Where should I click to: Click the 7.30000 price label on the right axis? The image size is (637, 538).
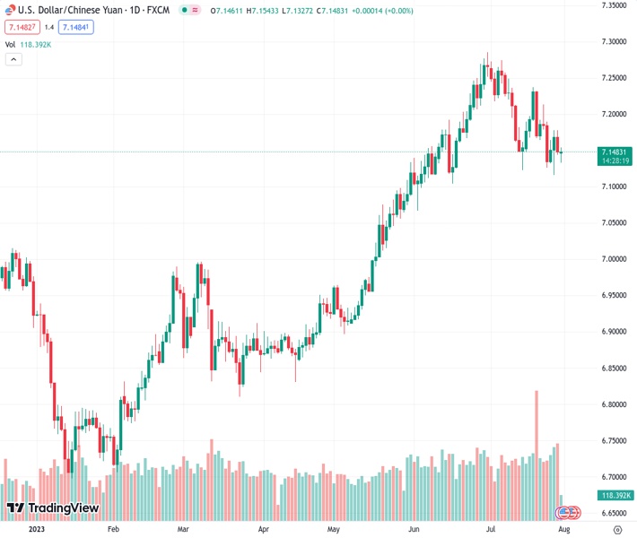613,42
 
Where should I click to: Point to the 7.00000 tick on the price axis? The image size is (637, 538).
613,259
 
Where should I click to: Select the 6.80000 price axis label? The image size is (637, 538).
613,404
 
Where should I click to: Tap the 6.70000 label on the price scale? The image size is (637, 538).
613,477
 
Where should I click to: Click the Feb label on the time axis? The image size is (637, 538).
113,529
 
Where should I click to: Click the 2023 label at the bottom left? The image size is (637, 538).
37,529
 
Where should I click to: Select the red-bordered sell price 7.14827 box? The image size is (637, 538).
23,27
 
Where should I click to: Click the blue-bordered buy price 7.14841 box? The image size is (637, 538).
75,27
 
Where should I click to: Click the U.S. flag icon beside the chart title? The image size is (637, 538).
9,9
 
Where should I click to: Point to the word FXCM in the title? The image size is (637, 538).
158,10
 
